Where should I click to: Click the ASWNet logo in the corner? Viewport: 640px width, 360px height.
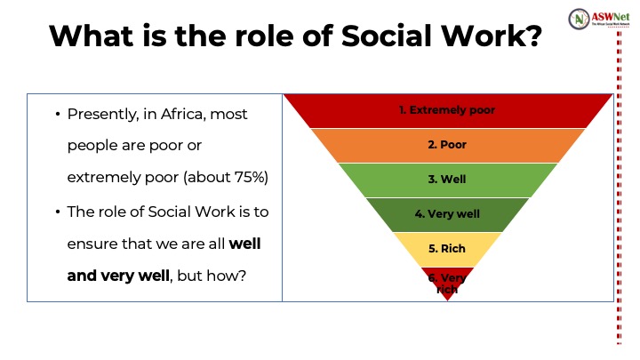(x=599, y=19)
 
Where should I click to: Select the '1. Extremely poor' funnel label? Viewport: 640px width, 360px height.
(x=447, y=110)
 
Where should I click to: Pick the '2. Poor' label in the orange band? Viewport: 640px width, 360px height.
(x=447, y=145)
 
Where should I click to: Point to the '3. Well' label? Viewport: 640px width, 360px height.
(x=447, y=180)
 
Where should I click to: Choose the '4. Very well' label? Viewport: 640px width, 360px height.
(x=447, y=214)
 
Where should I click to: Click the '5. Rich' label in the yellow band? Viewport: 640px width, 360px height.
(x=447, y=249)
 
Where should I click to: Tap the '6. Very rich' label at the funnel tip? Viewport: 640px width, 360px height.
(x=447, y=284)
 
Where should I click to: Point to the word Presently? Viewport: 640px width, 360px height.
(x=103, y=115)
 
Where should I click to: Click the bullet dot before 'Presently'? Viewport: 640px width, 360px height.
(x=58, y=115)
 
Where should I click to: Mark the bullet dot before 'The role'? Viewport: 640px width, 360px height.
(x=58, y=212)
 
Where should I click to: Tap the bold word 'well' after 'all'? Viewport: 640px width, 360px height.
(x=244, y=244)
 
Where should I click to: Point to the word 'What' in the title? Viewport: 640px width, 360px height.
(x=91, y=36)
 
